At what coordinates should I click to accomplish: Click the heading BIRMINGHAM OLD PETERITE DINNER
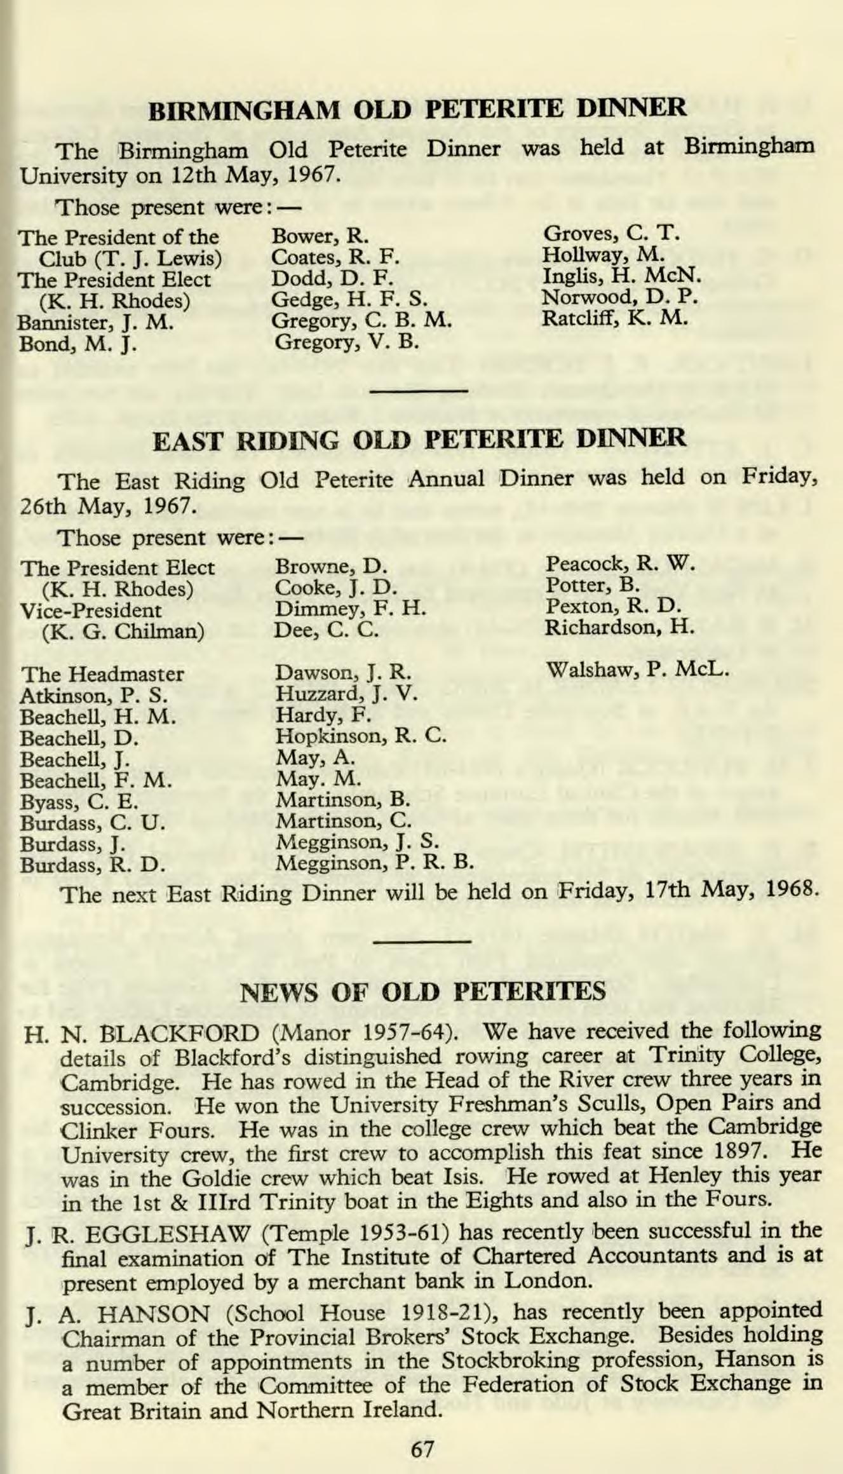417,108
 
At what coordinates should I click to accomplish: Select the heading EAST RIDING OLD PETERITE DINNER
419,439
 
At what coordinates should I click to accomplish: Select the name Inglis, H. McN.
621,276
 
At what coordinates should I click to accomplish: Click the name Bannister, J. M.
96,322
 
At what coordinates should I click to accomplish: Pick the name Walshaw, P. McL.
637,670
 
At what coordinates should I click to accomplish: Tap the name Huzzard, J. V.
346,693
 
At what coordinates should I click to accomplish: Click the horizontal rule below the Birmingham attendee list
419,389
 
